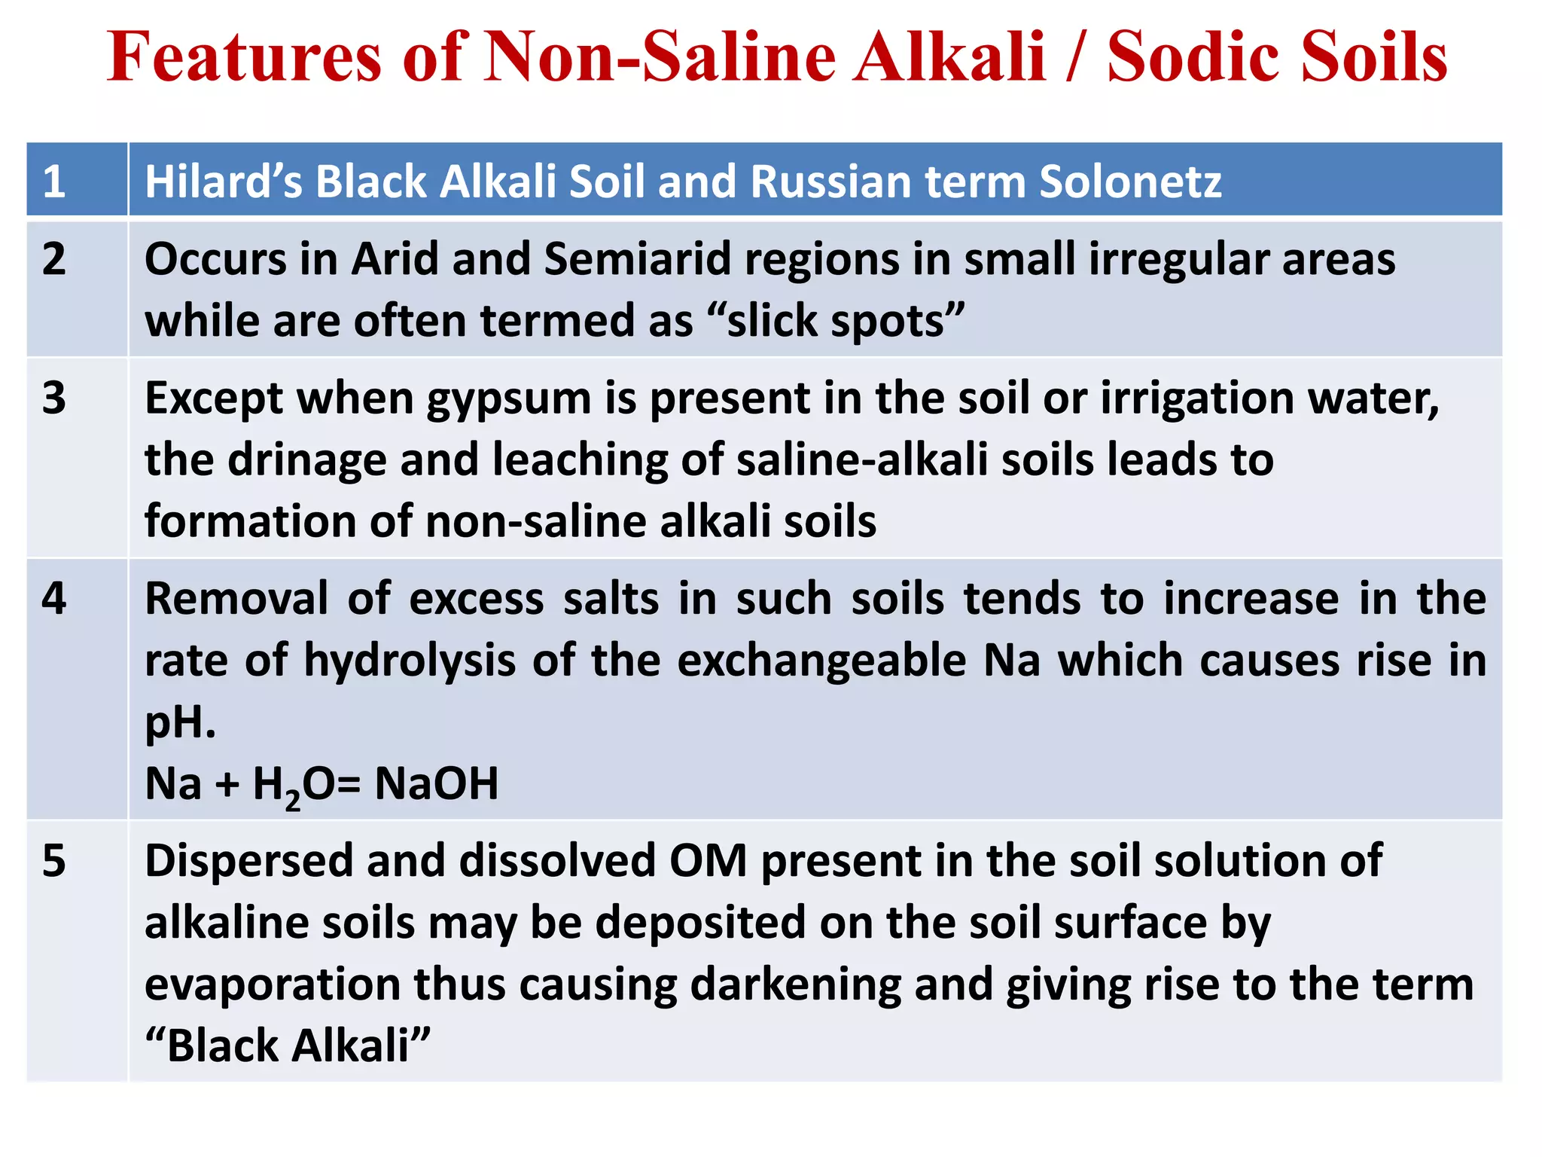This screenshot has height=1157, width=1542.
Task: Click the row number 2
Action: pyautogui.click(x=54, y=259)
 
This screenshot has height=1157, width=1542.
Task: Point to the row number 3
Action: pyautogui.click(x=54, y=398)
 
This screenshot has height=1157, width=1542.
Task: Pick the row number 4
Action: pyautogui.click(x=54, y=599)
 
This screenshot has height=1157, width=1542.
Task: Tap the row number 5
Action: pyautogui.click(x=54, y=860)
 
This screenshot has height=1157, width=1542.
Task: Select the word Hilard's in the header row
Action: pyautogui.click(x=223, y=182)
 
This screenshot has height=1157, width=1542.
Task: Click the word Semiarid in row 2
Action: pyautogui.click(x=637, y=259)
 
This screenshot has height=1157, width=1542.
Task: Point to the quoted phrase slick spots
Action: pyautogui.click(x=836, y=321)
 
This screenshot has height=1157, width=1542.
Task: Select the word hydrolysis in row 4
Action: pyautogui.click(x=410, y=661)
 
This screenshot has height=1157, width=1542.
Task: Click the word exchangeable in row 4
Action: pyautogui.click(x=821, y=661)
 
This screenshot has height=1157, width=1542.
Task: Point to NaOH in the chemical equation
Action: pyautogui.click(x=437, y=783)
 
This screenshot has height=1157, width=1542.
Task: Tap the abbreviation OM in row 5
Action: pyautogui.click(x=708, y=861)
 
